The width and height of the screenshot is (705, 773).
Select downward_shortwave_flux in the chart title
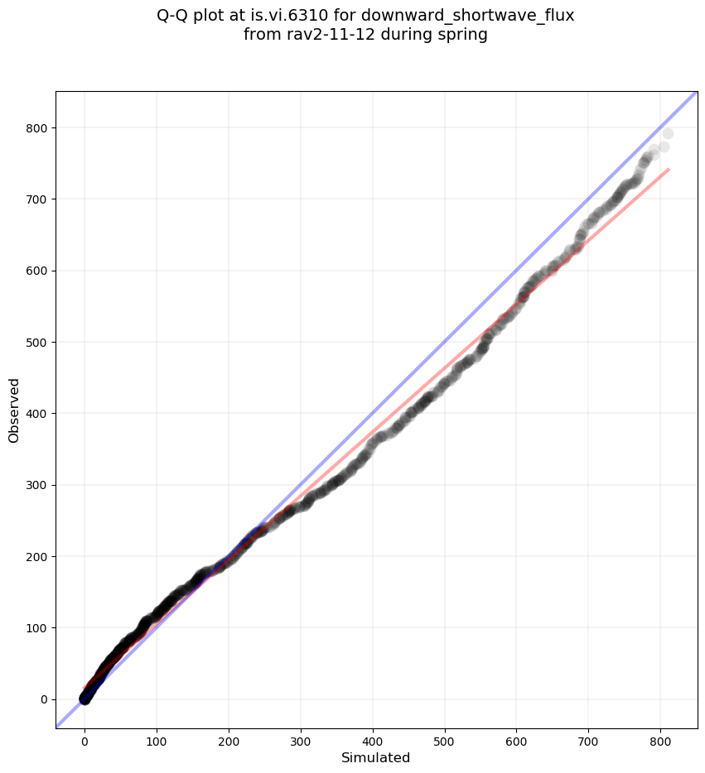pos(467,15)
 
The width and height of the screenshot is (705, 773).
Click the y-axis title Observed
pos(14,410)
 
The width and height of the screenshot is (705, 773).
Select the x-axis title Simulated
pos(376,757)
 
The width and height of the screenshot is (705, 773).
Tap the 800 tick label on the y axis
pos(35,128)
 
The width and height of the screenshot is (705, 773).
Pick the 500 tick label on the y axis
pos(35,343)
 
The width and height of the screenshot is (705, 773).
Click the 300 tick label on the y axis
pos(35,485)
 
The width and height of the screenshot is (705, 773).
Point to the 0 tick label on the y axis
pos(41,699)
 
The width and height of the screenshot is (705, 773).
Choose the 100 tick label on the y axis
pos(35,628)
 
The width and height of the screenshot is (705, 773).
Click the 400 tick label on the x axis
pos(373,737)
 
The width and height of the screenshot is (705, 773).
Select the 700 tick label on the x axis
pos(589,737)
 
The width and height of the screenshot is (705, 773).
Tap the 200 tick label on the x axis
pos(229,737)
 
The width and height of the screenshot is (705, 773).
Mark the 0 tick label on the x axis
pos(85,737)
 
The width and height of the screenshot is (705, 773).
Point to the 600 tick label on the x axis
pos(517,737)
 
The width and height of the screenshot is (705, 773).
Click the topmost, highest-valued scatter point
pos(668,133)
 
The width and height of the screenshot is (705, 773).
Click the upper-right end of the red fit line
pos(669,170)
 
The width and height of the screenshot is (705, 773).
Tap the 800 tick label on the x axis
pos(661,737)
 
